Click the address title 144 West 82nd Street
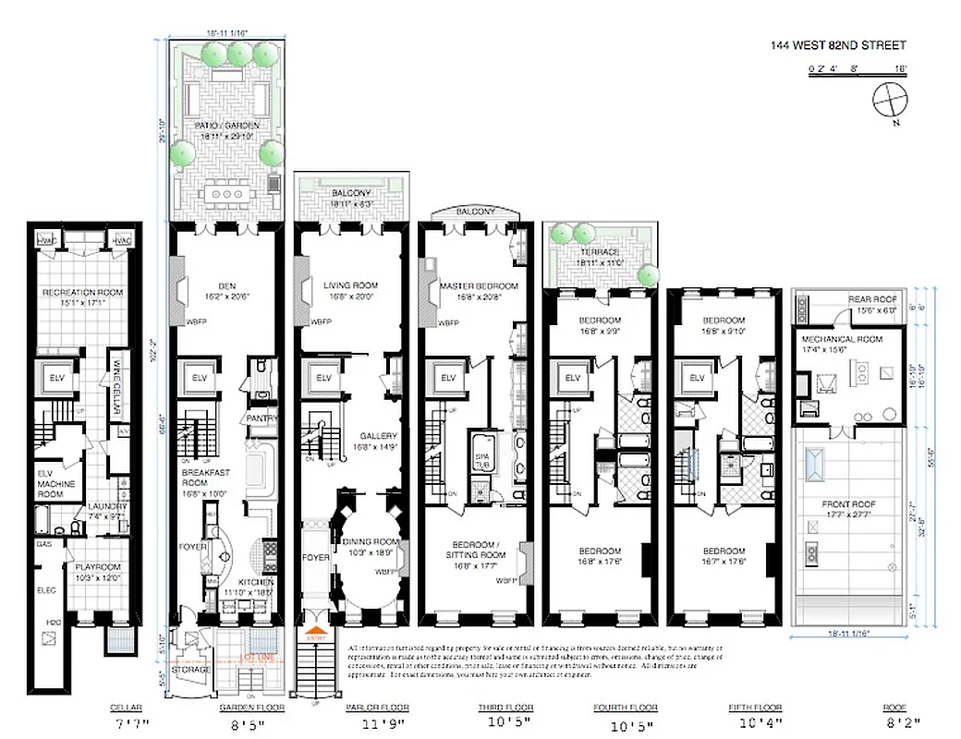[839, 45]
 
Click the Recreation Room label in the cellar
[83, 293]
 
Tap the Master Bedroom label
[479, 286]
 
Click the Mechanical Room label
[843, 340]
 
